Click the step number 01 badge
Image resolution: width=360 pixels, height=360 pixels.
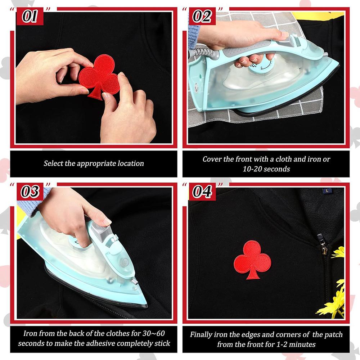pyautogui.click(x=30, y=17)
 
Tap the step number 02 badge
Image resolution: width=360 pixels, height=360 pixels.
pyautogui.click(x=202, y=17)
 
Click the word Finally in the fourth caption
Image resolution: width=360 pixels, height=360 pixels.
pyautogui.click(x=202, y=334)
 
